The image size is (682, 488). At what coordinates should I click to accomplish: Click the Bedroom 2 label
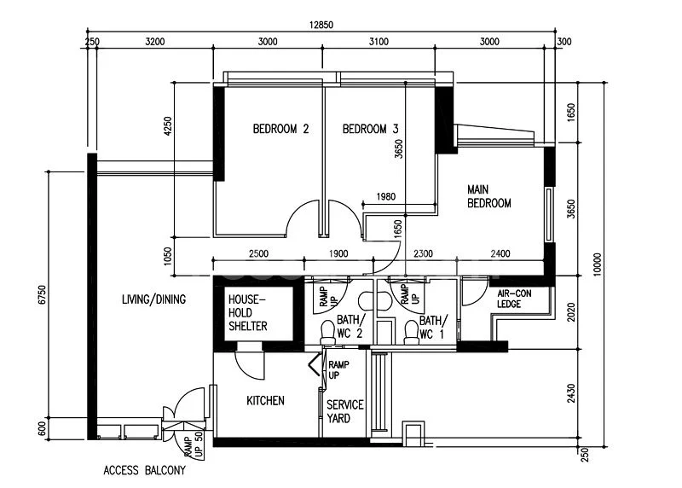pyautogui.click(x=280, y=130)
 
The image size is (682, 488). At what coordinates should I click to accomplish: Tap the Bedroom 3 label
pyautogui.click(x=371, y=130)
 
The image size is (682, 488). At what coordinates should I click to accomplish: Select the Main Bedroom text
pyautogui.click(x=488, y=196)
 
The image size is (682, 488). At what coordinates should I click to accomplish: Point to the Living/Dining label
pyautogui.click(x=153, y=299)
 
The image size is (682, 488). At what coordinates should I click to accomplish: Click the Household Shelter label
pyautogui.click(x=248, y=313)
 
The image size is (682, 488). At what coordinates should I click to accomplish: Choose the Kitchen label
pyautogui.click(x=265, y=401)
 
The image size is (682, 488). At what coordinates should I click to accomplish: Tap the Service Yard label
pyautogui.click(x=345, y=412)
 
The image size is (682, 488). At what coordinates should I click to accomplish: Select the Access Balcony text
pyautogui.click(x=144, y=470)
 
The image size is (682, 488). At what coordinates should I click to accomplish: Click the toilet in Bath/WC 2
pyautogui.click(x=327, y=331)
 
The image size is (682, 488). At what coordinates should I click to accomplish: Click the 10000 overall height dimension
pyautogui.click(x=597, y=266)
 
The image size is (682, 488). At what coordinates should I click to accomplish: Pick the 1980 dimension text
pyautogui.click(x=385, y=197)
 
